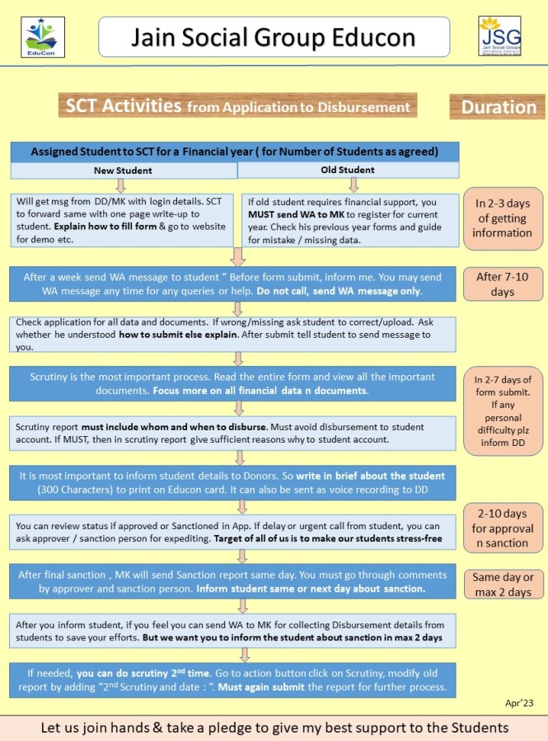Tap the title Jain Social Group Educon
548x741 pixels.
(274, 37)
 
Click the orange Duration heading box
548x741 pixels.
(498, 107)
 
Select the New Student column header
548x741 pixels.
(123, 170)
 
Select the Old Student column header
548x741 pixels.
(347, 170)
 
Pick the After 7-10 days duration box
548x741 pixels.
(502, 284)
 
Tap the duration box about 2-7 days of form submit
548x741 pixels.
(502, 411)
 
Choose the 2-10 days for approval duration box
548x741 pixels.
(502, 527)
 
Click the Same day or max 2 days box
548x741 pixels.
(502, 584)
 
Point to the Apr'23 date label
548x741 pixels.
(519, 703)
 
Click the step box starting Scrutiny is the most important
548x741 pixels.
(234, 383)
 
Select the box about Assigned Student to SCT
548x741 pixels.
(234, 152)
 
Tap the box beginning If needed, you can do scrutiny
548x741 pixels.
(234, 680)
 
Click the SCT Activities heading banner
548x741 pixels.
(237, 106)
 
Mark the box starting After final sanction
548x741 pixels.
(234, 582)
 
